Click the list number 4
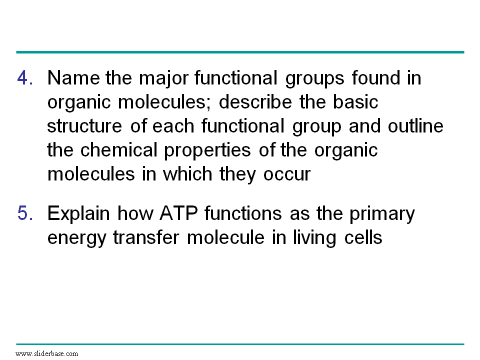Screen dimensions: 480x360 pos(25,77)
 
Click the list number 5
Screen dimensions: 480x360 pos(25,213)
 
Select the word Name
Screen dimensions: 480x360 pos(73,77)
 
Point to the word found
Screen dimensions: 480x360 pos(376,77)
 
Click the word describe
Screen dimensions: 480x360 pos(255,101)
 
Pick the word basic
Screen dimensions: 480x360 pos(355,101)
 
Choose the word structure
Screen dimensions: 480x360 pos(84,126)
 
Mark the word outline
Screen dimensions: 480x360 pos(415,126)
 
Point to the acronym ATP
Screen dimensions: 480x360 pos(179,213)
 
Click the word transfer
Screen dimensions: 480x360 pos(146,237)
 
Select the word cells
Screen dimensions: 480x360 pos(363,237)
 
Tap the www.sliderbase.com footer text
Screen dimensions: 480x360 pos(46,354)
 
